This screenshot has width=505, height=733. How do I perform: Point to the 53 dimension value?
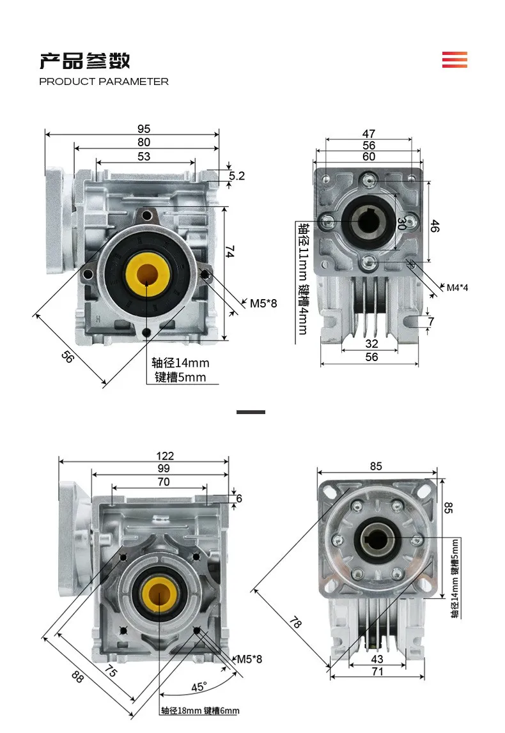tap(144, 157)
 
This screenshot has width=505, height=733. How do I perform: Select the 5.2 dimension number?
tap(237, 176)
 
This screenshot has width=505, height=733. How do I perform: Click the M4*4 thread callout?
tap(456, 287)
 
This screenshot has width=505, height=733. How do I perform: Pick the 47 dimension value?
tap(369, 134)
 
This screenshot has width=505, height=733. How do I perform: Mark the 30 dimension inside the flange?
tap(401, 224)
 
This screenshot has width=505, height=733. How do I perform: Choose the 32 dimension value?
tap(371, 344)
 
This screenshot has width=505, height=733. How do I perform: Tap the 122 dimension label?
tap(164, 456)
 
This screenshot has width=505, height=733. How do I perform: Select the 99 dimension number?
tap(164, 469)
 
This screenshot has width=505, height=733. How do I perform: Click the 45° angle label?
tap(199, 687)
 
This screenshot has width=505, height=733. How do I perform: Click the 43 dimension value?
tap(377, 659)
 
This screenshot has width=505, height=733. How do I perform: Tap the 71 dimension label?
tap(377, 671)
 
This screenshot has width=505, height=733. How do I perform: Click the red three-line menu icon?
tap(454, 59)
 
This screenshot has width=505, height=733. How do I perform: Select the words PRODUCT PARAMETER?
tap(104, 82)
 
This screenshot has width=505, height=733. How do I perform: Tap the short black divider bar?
tap(251, 412)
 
